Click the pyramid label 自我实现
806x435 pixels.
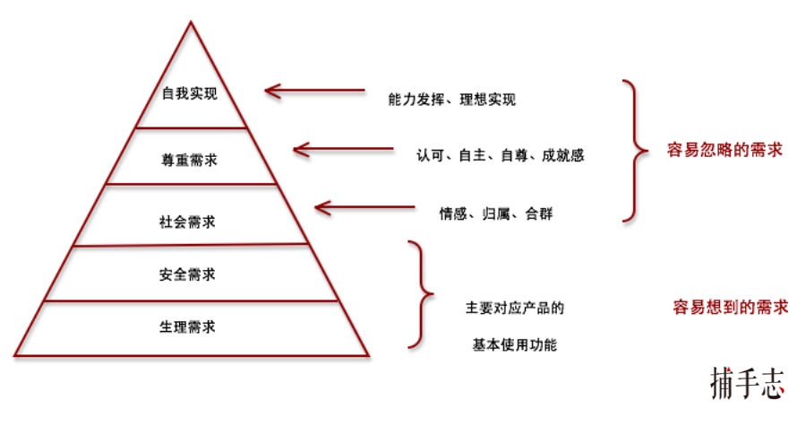[190, 93]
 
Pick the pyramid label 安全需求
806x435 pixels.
[190, 273]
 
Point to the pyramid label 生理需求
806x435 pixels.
[190, 326]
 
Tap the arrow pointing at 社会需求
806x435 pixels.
[365, 208]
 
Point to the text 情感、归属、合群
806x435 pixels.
[489, 215]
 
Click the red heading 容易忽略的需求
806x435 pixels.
[725, 150]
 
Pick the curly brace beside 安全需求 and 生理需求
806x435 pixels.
[419, 294]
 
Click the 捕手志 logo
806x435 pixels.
[747, 383]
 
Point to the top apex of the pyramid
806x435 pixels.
[191, 22]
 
